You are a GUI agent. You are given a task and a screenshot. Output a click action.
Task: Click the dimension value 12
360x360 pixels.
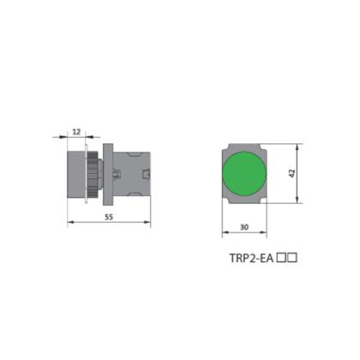77,132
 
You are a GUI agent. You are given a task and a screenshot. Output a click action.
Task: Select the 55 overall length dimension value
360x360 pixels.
109,217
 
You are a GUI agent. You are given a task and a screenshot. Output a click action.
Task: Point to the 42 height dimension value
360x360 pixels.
292,173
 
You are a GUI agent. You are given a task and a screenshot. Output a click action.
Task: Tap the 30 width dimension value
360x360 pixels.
244,227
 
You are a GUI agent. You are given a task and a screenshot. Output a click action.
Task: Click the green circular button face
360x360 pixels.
244,174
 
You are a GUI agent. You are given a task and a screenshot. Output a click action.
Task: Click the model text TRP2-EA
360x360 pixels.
252,258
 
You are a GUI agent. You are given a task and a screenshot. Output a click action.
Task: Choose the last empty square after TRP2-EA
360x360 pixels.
292,258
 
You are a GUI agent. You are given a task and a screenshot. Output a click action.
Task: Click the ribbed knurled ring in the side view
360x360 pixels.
93,174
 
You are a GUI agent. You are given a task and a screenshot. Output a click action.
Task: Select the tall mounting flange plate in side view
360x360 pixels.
108,174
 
